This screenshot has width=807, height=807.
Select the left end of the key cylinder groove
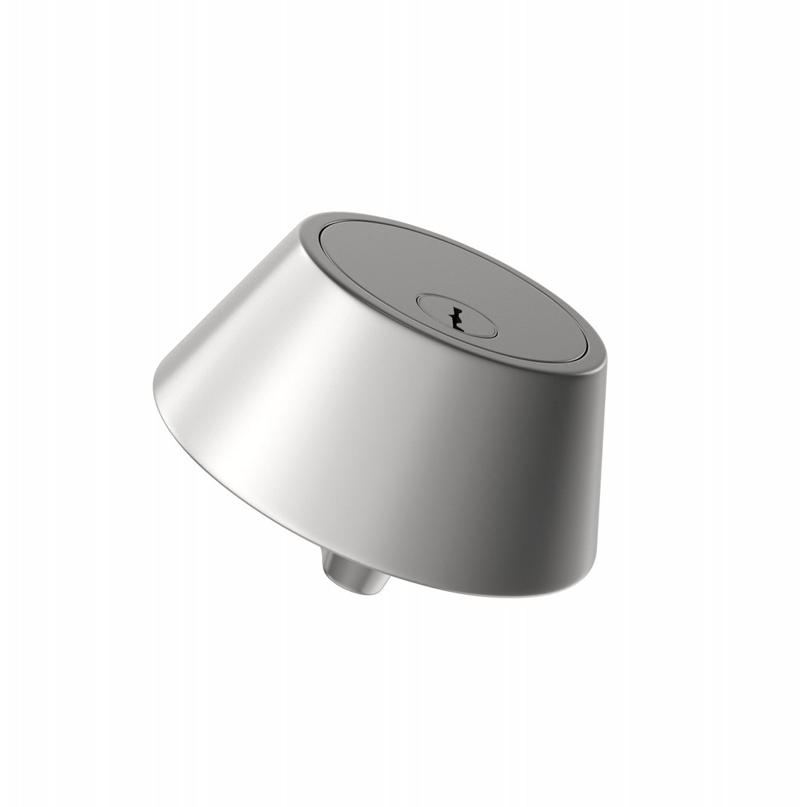pyautogui.click(x=416, y=302)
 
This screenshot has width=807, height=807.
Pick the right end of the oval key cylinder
pyautogui.click(x=495, y=329)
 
